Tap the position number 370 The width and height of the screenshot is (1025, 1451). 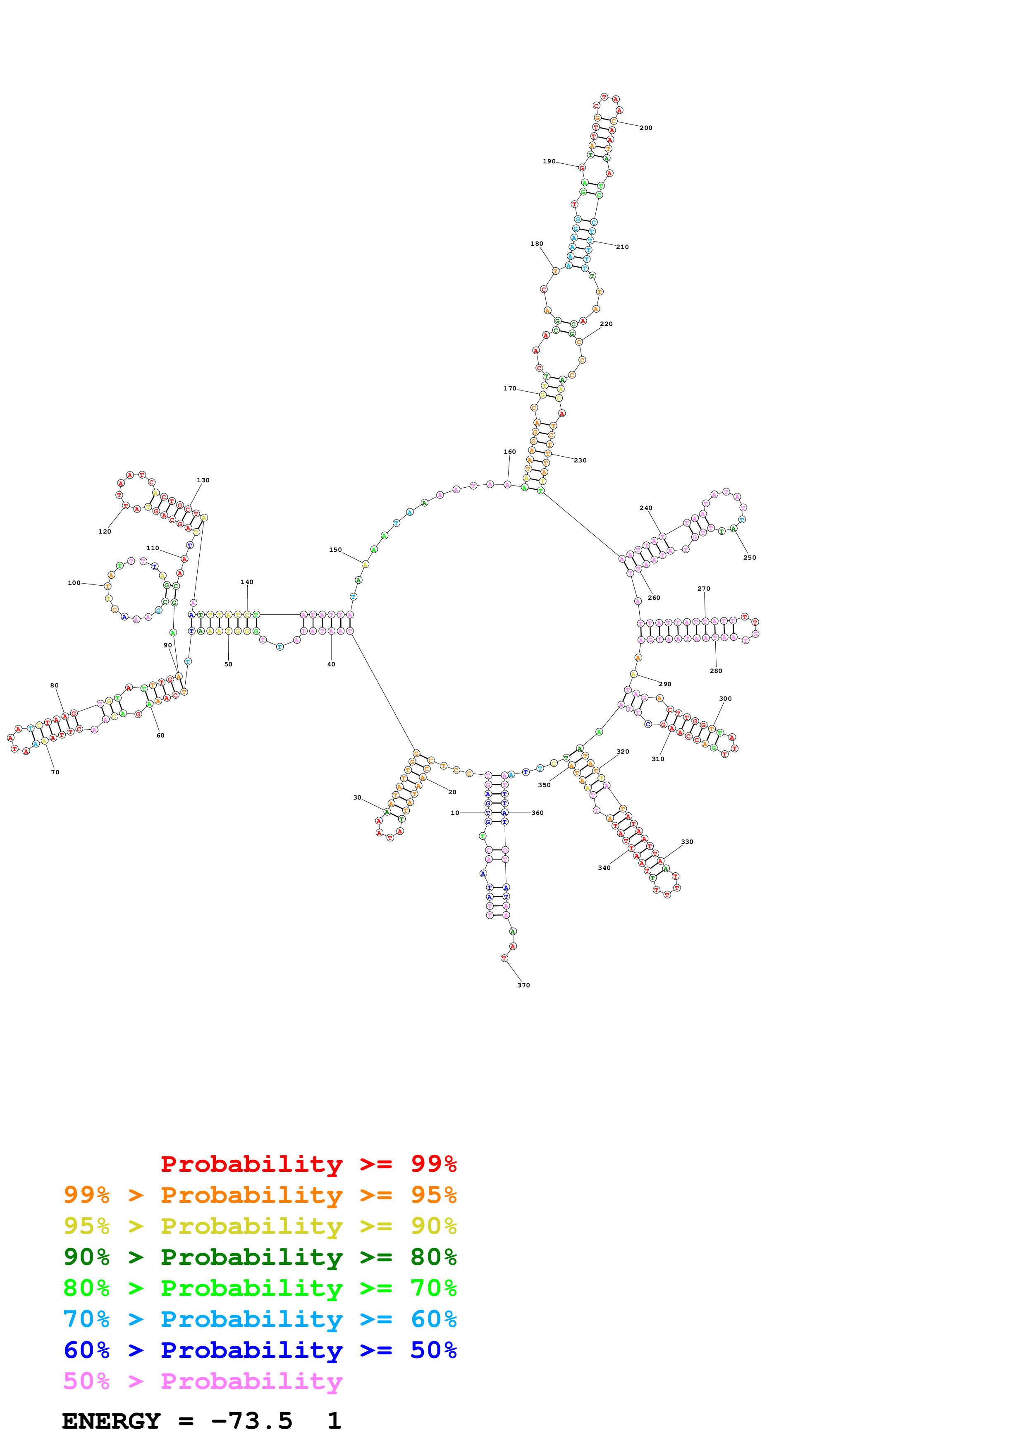tap(523, 985)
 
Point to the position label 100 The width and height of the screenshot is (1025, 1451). tap(74, 583)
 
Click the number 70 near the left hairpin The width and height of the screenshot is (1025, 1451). tap(55, 772)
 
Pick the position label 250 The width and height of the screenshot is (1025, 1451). tap(749, 558)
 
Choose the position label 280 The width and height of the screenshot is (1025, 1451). tap(716, 671)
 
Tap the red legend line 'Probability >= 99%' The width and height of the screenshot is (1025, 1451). tap(308, 1164)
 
